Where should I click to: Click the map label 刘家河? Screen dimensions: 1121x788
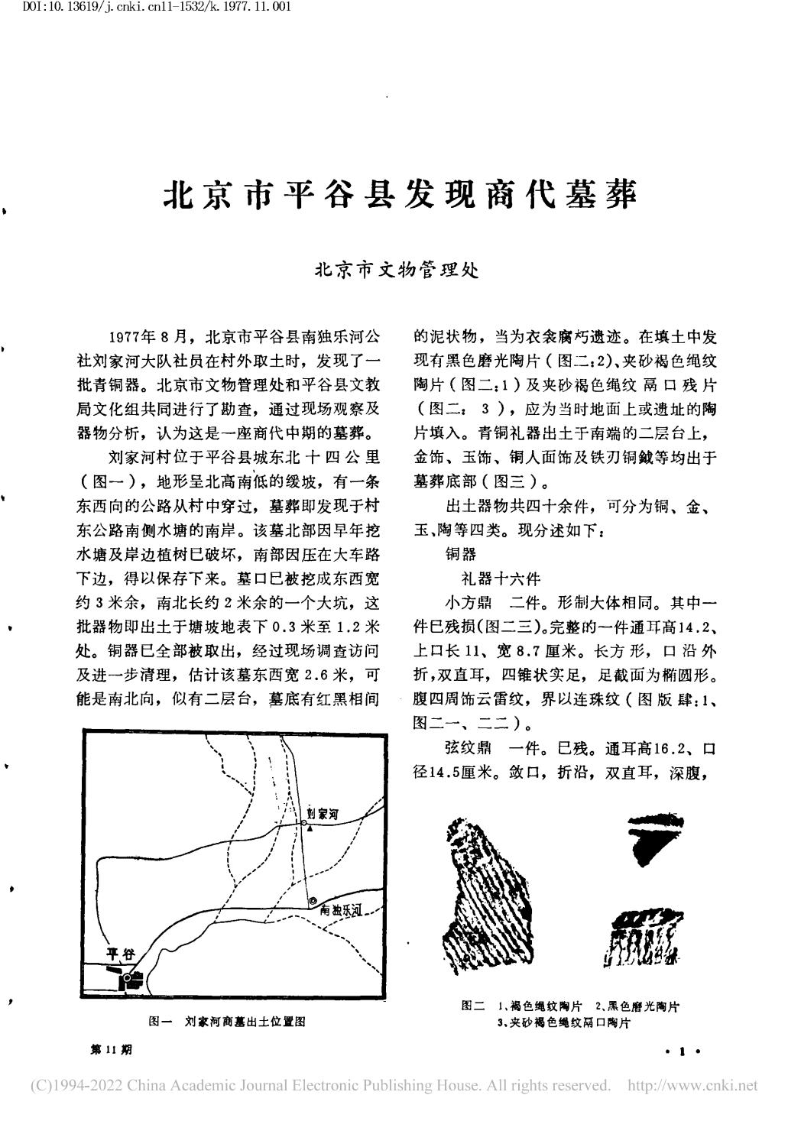pos(322,815)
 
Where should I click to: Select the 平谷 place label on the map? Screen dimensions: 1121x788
pos(120,954)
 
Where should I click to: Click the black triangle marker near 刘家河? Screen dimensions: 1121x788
pos(310,828)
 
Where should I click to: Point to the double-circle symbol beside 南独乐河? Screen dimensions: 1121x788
pos(312,902)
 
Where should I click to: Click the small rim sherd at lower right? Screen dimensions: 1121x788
pos(640,936)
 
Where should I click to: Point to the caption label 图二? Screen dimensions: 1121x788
pos(474,1006)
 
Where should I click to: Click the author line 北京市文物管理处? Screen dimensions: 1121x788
pos(397,271)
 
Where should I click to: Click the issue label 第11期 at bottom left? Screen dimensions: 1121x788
pos(112,1050)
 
